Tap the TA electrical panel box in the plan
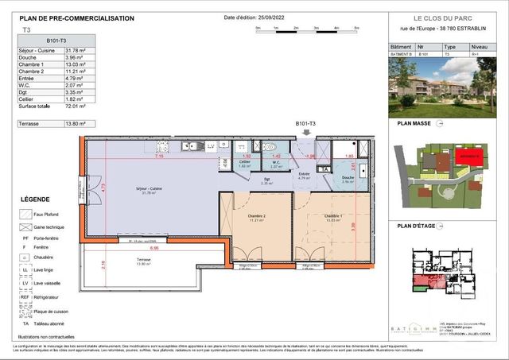click(x=324, y=169)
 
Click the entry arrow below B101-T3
click(x=305, y=137)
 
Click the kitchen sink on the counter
click(x=191, y=145)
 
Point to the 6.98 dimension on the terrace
click(x=153, y=248)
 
